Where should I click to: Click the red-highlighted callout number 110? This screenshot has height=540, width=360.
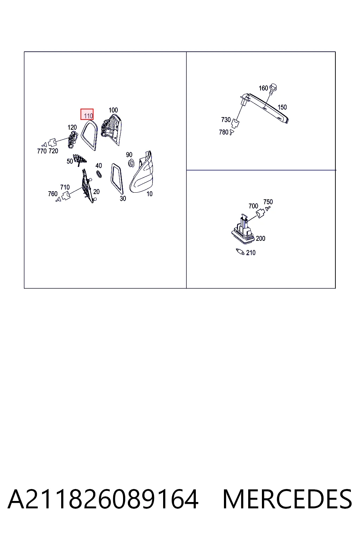point(88,116)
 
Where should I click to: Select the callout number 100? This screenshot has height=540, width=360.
point(113,110)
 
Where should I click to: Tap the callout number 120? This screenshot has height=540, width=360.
point(72,127)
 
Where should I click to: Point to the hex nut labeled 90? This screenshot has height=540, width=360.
point(131,163)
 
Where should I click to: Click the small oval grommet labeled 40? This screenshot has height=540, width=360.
point(99,174)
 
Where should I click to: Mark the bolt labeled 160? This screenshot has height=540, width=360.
point(273,89)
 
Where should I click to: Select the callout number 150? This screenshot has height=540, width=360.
point(282,107)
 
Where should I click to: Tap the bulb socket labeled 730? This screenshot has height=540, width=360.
point(235,123)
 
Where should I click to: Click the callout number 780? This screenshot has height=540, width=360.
point(224,132)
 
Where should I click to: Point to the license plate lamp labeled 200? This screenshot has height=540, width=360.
point(243,230)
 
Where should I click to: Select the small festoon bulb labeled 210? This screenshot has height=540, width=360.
point(240,252)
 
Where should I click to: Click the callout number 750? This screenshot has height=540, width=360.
point(268,202)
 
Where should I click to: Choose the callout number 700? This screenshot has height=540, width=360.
point(253,206)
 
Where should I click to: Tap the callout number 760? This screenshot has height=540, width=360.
point(53,194)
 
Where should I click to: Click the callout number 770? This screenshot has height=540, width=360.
point(42,151)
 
